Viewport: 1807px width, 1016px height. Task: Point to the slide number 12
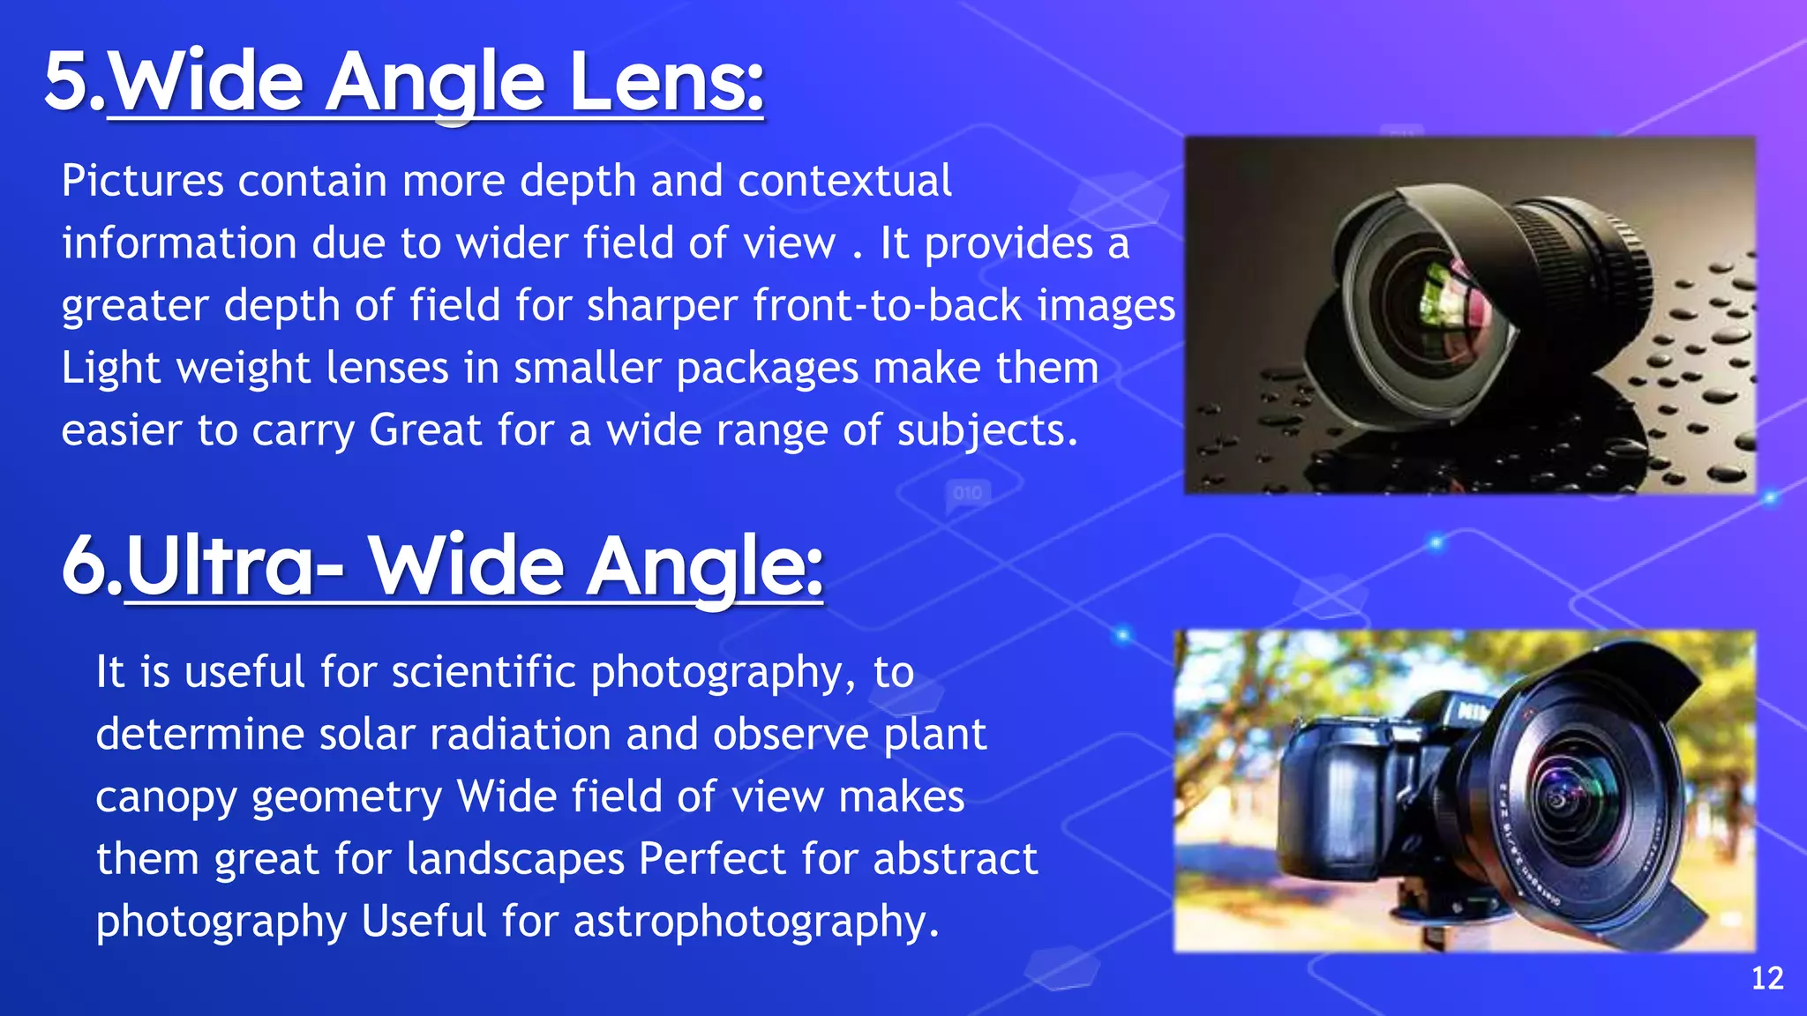(x=1767, y=978)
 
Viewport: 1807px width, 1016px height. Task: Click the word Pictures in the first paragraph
(x=142, y=181)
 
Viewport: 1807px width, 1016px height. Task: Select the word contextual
(x=844, y=181)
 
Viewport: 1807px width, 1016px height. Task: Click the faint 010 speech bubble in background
(x=968, y=492)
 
